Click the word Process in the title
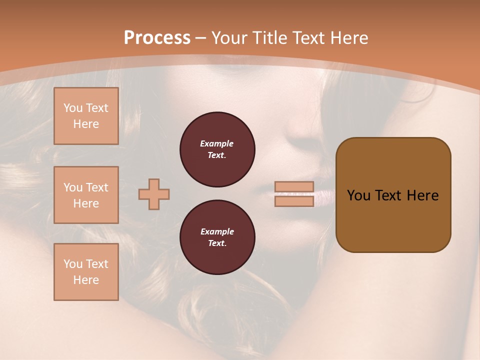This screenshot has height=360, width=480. point(157,38)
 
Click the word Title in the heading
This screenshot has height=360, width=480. point(268,38)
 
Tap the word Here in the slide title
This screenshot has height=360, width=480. point(348,38)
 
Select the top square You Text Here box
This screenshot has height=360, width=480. point(86,116)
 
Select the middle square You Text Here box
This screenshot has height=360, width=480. point(86,195)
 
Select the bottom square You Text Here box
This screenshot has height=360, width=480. point(86,272)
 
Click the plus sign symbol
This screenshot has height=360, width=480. point(154,194)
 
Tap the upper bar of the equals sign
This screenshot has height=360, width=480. point(294,186)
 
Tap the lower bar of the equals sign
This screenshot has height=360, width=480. point(294,201)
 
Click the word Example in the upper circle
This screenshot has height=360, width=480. point(217,143)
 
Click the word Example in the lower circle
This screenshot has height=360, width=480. point(217,231)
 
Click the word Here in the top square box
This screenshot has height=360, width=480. point(86,124)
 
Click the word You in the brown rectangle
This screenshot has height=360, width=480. point(358,195)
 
